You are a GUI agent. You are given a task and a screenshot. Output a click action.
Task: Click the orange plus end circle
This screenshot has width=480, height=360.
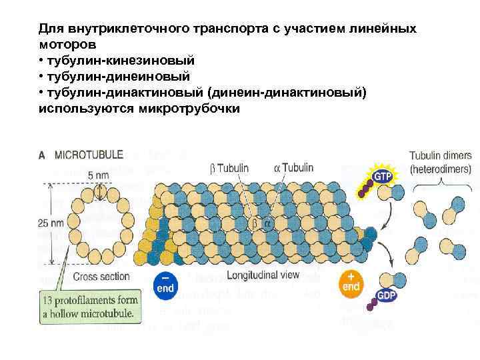[x=351, y=283]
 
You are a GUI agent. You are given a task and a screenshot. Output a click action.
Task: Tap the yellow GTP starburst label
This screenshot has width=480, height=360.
[x=382, y=177]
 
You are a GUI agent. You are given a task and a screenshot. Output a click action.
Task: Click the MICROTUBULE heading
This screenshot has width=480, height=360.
[x=89, y=155]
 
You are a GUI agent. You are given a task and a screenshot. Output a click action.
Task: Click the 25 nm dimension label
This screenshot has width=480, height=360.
[x=51, y=225]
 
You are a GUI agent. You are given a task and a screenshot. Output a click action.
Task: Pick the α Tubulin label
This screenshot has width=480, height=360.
[x=293, y=169]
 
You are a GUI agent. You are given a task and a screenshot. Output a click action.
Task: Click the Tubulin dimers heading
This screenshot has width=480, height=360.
[x=439, y=155]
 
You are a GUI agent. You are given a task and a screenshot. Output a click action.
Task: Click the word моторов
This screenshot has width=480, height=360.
[x=67, y=45]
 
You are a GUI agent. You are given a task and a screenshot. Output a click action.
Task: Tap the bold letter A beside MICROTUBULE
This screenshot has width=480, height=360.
[x=41, y=155]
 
